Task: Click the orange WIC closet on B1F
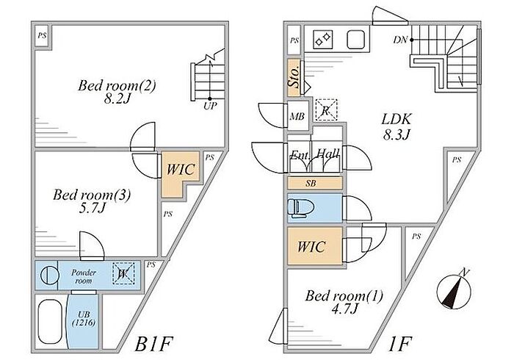click(x=178, y=170)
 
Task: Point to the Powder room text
click(x=84, y=275)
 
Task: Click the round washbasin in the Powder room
click(x=47, y=276)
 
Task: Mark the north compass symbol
click(x=454, y=290)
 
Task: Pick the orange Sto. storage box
click(x=293, y=78)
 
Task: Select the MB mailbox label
click(x=297, y=117)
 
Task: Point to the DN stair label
click(x=401, y=39)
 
